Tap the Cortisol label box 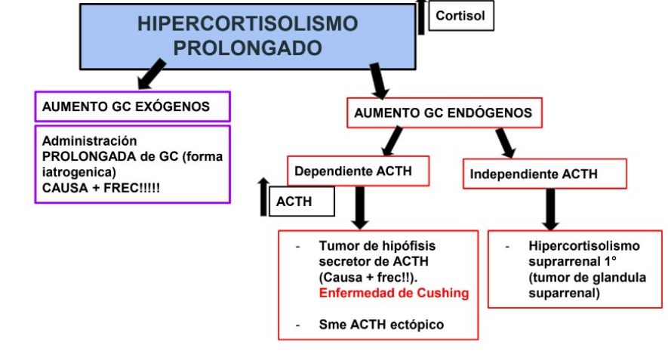point(460,15)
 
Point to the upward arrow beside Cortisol point(421,17)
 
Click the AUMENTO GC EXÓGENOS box point(132,106)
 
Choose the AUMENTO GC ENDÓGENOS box point(442,113)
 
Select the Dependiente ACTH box point(358,171)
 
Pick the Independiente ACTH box point(544,174)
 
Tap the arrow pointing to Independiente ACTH point(505,142)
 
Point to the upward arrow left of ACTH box point(263,196)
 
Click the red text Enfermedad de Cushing point(393,293)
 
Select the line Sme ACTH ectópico point(381,325)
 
